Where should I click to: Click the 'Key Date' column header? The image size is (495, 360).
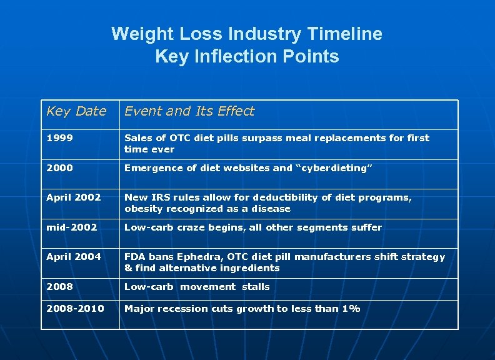coord(76,111)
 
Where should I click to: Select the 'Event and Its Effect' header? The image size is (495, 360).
coord(189,111)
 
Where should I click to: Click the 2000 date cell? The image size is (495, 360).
coord(59,168)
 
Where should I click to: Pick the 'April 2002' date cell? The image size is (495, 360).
coord(73,197)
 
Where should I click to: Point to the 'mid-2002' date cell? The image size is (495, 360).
coord(71,227)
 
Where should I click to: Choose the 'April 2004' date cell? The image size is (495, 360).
coord(73,257)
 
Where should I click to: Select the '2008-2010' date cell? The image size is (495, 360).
coord(75,309)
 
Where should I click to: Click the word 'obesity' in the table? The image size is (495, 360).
coord(143,209)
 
